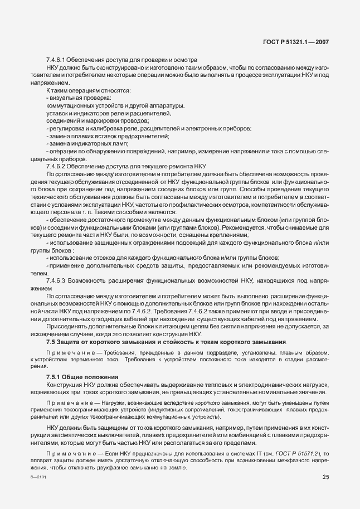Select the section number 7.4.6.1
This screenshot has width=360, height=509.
click(x=57, y=60)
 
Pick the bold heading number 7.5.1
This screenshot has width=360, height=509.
click(x=54, y=377)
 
